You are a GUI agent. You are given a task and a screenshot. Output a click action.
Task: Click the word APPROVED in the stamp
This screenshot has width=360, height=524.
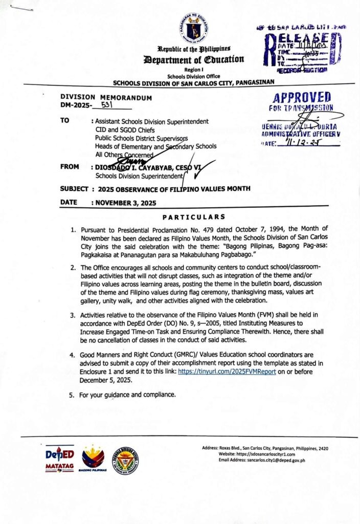pyautogui.click(x=302, y=98)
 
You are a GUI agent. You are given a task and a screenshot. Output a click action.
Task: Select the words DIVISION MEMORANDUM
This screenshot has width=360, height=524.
pyautogui.click(x=106, y=97)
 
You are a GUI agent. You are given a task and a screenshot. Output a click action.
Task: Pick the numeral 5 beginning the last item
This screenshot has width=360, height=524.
pyautogui.click(x=71, y=395)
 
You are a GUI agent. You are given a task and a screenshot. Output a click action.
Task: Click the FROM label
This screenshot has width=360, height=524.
pyautogui.click(x=70, y=167)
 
